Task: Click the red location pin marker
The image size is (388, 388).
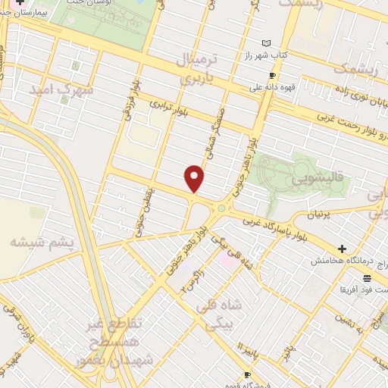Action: pyautogui.click(x=196, y=179)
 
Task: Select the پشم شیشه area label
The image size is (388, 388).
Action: pyautogui.click(x=42, y=242)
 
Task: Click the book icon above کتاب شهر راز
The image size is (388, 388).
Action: pyautogui.click(x=264, y=42)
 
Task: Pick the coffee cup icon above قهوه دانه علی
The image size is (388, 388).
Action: pyautogui.click(x=272, y=75)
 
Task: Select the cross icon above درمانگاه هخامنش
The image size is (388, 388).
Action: pyautogui.click(x=342, y=248)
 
